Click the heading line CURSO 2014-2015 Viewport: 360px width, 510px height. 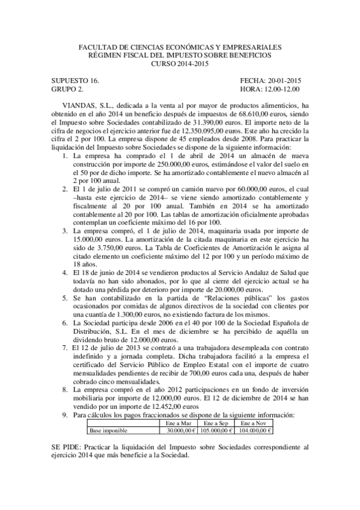(x=180, y=64)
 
